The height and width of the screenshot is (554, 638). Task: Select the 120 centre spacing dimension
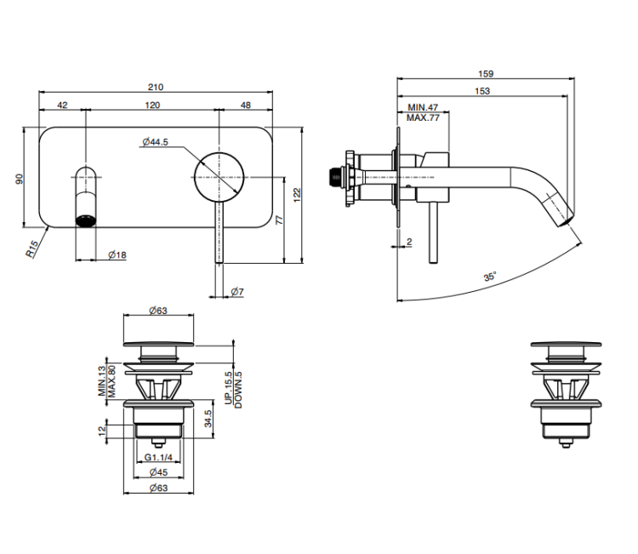(x=152, y=105)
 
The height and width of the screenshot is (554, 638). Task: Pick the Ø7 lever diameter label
(x=237, y=292)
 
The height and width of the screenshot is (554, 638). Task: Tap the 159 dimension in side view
(x=487, y=74)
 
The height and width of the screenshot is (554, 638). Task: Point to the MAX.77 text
(x=423, y=118)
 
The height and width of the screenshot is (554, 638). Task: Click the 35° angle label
(x=490, y=277)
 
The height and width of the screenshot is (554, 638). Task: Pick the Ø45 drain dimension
(x=157, y=473)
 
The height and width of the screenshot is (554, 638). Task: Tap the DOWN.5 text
(x=238, y=391)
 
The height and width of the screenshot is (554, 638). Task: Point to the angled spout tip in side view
(x=561, y=210)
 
